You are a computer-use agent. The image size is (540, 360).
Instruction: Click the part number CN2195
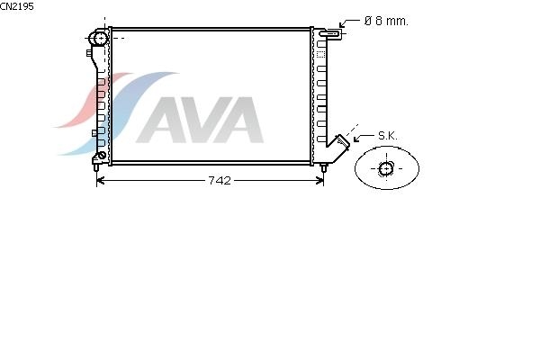(17, 6)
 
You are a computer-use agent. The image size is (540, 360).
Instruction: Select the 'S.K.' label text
(387, 136)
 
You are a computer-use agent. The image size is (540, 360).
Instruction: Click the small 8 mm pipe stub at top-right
(332, 34)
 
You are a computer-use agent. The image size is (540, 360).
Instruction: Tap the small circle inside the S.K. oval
(386, 168)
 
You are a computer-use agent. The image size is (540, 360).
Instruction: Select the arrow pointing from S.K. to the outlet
(362, 138)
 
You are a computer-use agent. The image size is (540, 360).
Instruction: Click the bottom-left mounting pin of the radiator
(96, 167)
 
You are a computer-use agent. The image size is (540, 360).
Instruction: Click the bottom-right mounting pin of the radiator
(324, 167)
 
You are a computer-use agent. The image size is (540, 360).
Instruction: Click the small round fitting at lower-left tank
(101, 155)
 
